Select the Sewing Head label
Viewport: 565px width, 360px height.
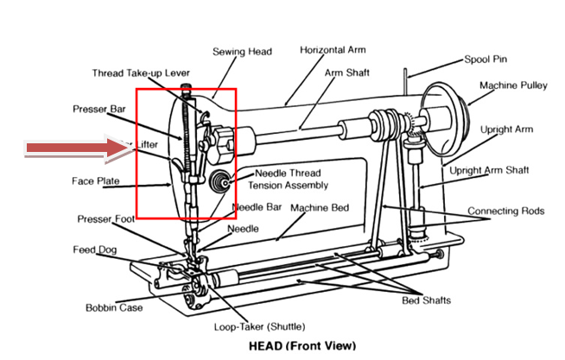(x=243, y=53)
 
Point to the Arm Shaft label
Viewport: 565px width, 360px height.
(x=345, y=73)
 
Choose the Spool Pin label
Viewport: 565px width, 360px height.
(x=489, y=60)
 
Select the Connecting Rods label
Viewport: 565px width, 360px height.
(x=505, y=211)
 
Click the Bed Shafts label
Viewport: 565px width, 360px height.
(x=426, y=300)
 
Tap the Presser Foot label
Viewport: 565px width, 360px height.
(x=105, y=218)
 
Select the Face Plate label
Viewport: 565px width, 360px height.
(x=94, y=182)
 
